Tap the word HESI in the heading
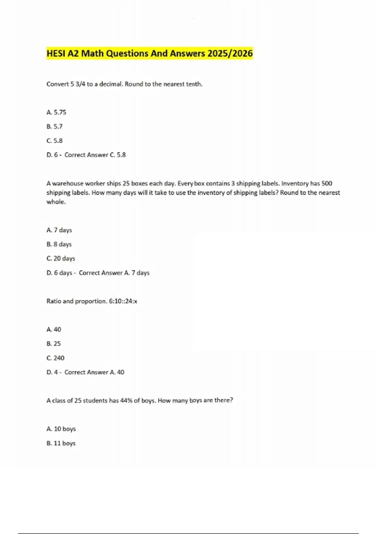pos(56,53)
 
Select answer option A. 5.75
pos(56,112)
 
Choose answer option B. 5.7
pos(54,126)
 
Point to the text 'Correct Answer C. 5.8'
pos(95,155)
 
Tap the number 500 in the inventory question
pos(326,183)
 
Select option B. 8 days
pos(59,244)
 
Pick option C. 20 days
pos(61,258)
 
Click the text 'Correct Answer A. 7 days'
pos(114,273)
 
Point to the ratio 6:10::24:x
pos(123,301)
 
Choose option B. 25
pos(53,343)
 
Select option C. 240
pos(55,358)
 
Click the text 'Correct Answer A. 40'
pos(94,372)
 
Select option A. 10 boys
pos(61,429)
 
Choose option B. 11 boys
pos(61,443)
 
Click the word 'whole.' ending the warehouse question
pos(56,202)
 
